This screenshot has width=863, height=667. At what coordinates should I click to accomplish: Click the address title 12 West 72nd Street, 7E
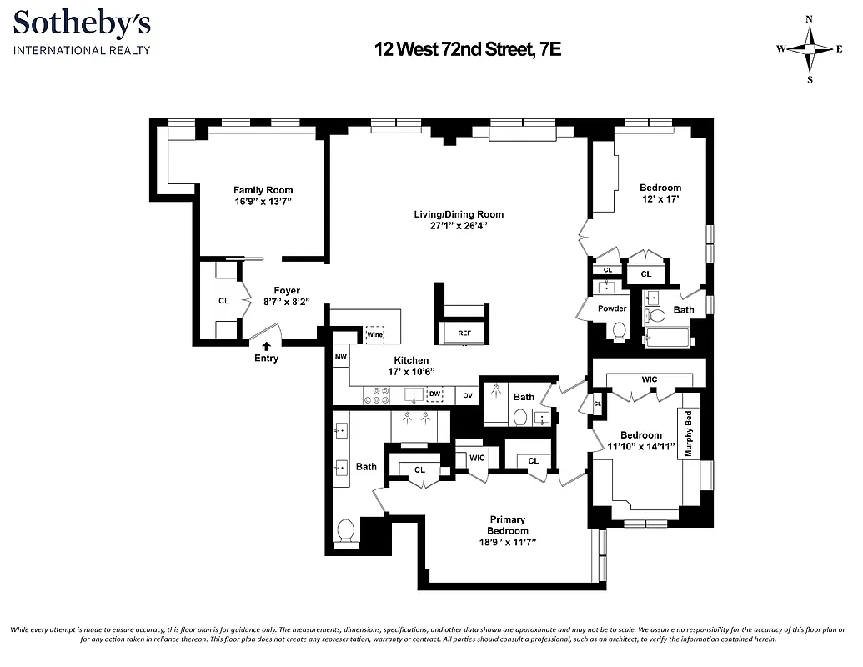(x=467, y=50)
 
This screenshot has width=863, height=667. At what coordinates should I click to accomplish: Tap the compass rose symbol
(x=809, y=49)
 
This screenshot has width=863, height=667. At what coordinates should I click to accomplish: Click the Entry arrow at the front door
(x=267, y=345)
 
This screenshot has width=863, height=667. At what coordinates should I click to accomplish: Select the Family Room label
(x=263, y=190)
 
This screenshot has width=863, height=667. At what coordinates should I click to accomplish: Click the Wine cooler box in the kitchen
(x=374, y=334)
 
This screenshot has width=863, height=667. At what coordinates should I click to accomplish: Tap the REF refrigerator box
(x=464, y=333)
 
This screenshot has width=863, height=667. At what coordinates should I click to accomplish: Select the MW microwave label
(x=340, y=357)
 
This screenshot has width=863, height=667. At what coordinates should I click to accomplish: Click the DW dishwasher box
(x=434, y=394)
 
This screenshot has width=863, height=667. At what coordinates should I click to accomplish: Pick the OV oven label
(x=468, y=395)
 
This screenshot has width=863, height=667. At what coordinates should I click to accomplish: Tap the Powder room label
(x=613, y=308)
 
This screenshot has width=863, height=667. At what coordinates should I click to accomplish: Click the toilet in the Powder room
(x=619, y=331)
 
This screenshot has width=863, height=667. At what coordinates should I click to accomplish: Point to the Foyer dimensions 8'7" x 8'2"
(x=286, y=303)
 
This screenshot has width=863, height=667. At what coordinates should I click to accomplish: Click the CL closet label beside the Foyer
(x=223, y=301)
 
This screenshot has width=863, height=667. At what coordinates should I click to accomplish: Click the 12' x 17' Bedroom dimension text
(x=660, y=199)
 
